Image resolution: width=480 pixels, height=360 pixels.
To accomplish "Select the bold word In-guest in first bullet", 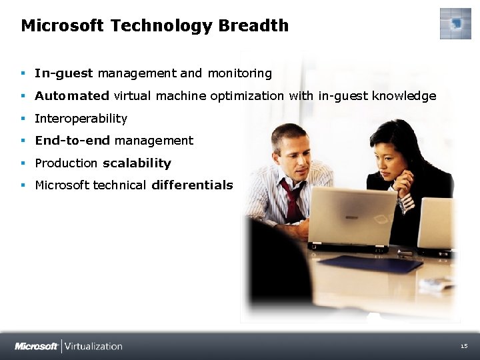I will (64, 73).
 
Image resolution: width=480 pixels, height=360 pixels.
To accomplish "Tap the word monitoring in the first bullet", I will (240, 73).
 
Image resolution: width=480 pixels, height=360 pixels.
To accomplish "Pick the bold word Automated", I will (71, 96).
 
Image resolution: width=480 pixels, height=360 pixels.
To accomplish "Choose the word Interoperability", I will (81, 119).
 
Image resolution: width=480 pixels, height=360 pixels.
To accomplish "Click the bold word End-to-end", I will (73, 141).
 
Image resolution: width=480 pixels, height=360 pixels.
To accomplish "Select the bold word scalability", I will (137, 163).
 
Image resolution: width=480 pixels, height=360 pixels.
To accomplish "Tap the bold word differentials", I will (192, 185).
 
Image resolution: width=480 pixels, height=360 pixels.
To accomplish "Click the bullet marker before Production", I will (23, 163).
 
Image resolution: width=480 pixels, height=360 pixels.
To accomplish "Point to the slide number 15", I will (464, 346).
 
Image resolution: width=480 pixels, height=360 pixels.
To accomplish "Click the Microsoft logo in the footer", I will (36, 346).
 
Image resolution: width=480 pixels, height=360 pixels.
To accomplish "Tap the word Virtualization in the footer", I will (93, 346).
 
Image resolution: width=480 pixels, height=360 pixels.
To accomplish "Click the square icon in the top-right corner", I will (455, 24).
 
